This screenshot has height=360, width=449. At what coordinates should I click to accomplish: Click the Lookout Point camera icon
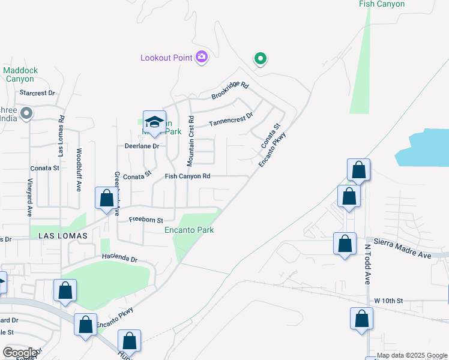coord(202,58)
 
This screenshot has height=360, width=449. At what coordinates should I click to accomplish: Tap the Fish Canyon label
coord(381,4)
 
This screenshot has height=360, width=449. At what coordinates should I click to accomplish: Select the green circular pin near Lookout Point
coord(260,58)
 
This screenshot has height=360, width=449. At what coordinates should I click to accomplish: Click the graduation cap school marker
coord(154,122)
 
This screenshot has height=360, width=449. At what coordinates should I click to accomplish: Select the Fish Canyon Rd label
coord(187,176)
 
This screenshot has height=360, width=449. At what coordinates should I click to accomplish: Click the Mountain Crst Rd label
coord(190,141)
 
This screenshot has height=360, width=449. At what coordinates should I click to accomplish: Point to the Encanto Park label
coord(189,230)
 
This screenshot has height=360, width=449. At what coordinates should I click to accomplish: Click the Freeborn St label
coord(146,220)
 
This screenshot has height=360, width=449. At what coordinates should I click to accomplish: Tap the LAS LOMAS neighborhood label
coord(63,236)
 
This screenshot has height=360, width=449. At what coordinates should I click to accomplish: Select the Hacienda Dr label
coord(119,259)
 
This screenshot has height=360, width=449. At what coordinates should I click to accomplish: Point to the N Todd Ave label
coord(367,264)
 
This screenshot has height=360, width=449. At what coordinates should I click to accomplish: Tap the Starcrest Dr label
coord(37,93)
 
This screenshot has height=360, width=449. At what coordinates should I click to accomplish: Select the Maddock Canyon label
coord(20,74)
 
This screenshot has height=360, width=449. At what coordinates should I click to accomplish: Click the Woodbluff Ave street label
coord(78,170)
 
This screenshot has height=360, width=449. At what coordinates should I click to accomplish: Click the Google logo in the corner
coord(20,352)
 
